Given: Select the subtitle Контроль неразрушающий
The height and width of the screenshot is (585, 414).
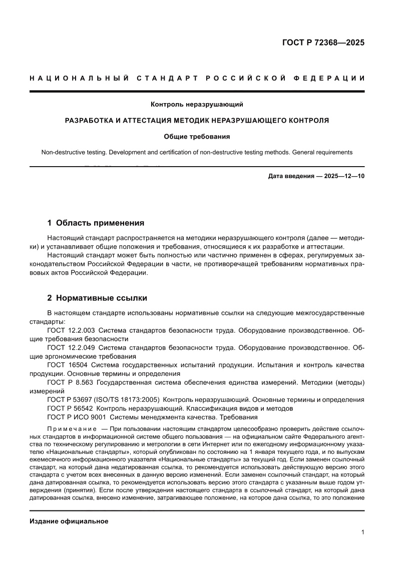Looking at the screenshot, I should [x=197, y=105].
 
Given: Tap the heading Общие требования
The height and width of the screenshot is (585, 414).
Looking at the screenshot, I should [x=197, y=136].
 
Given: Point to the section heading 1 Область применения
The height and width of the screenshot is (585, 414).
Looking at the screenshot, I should [x=96, y=223].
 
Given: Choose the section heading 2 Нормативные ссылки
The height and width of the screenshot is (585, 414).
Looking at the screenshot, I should [x=97, y=298].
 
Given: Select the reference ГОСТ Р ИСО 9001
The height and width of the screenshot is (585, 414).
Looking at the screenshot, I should [x=76, y=417].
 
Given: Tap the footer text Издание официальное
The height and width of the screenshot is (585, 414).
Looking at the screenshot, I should [x=69, y=521].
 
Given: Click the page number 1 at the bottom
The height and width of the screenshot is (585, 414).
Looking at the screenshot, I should [x=362, y=532].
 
